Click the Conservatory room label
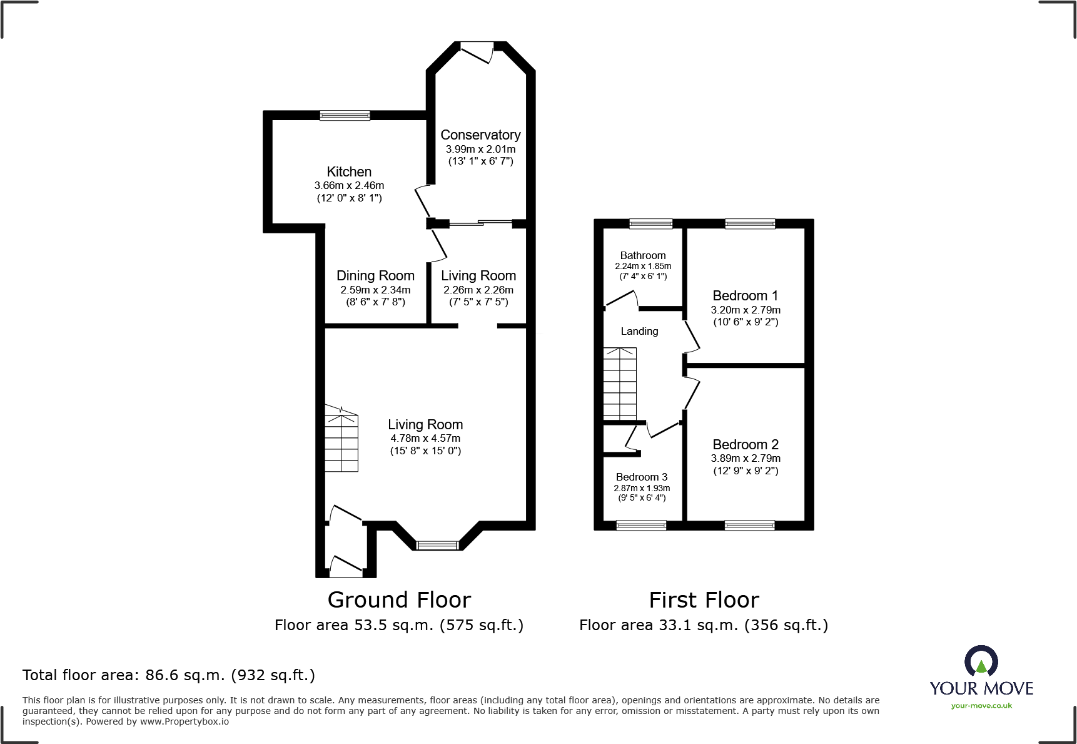(480, 135)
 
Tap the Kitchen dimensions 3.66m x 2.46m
(349, 185)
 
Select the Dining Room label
(375, 275)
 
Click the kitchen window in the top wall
(345, 115)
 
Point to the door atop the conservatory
(477, 51)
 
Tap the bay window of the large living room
(438, 545)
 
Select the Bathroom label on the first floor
(642, 255)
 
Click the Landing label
(639, 331)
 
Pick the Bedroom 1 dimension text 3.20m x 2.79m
(746, 310)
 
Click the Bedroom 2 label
(746, 444)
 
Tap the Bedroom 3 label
(642, 477)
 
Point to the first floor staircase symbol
(620, 384)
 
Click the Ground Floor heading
(399, 600)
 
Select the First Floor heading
(704, 600)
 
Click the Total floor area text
(169, 675)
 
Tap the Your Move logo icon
(981, 661)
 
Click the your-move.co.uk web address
(981, 706)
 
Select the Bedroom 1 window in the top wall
(750, 223)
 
